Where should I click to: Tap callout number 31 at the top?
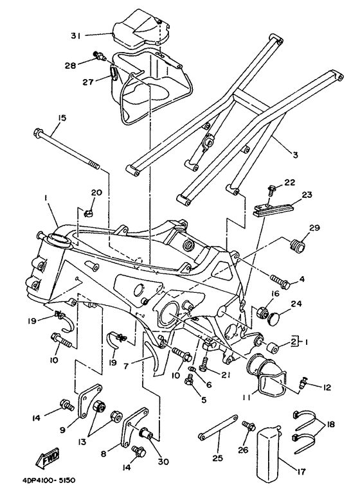(76, 36)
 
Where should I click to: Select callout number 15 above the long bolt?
(62, 118)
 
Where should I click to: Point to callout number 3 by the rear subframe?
(295, 155)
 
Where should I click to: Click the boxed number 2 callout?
(293, 342)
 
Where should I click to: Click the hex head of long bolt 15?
(37, 133)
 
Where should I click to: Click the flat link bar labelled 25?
(219, 426)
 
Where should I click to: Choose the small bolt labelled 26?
(249, 426)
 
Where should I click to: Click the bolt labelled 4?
(280, 281)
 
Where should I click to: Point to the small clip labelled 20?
(89, 214)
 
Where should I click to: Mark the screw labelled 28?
(98, 56)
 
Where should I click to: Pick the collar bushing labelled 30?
(146, 434)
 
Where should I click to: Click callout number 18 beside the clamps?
(329, 425)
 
